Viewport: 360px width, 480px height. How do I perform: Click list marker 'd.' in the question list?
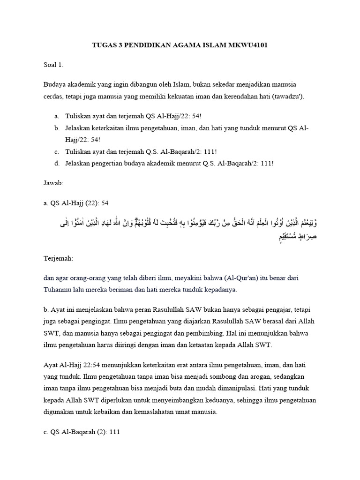(57, 163)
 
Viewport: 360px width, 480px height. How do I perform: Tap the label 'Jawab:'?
(53, 182)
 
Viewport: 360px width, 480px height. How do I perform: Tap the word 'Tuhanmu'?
(58, 289)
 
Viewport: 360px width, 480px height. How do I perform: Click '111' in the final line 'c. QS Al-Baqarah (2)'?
(114, 432)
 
